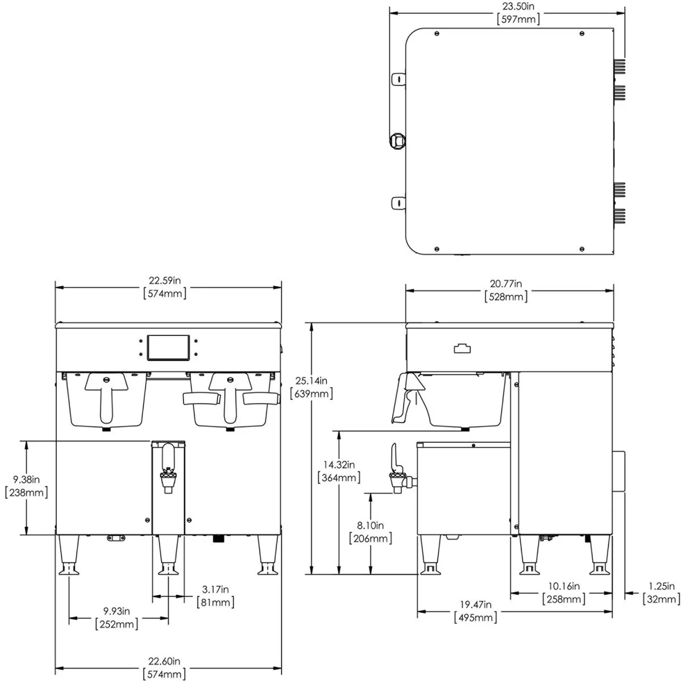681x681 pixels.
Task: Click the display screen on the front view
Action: (168, 348)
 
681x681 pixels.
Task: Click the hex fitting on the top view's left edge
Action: (397, 141)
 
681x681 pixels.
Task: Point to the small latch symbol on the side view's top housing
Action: (463, 348)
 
